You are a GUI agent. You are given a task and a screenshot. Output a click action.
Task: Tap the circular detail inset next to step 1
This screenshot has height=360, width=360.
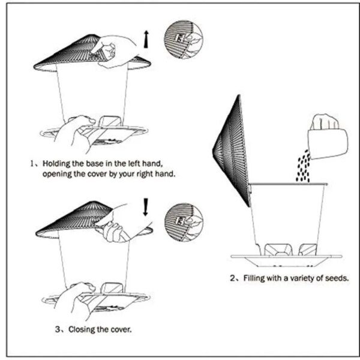pos(182,40)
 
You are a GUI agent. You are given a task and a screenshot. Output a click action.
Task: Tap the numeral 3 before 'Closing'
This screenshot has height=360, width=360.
pos(57,329)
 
